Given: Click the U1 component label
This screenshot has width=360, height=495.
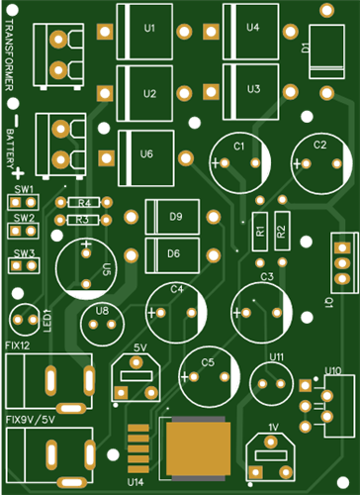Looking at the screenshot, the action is click(x=149, y=29).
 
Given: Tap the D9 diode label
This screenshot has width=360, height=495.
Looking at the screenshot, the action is click(x=176, y=217).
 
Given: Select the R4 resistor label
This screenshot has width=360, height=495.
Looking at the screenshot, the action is click(x=84, y=203).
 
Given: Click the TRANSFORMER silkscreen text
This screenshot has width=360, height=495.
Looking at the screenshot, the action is click(x=9, y=54).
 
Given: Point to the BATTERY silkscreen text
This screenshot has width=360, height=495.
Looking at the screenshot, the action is click(x=10, y=148).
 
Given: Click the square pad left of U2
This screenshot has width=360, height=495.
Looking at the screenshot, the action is click(x=105, y=93).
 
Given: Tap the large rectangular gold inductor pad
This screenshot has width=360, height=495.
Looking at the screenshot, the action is click(x=198, y=448).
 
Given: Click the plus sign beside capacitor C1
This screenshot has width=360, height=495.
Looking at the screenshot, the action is click(x=216, y=163).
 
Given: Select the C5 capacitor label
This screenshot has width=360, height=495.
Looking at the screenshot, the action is click(x=208, y=362).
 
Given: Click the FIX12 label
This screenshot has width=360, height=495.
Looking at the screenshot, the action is click(x=18, y=346).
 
